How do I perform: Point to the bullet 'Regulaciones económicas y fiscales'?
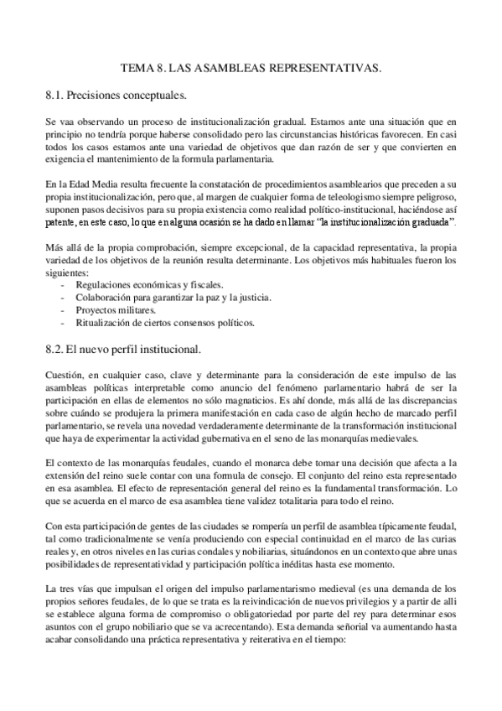[139, 285]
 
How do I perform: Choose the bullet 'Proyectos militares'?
[110, 309]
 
